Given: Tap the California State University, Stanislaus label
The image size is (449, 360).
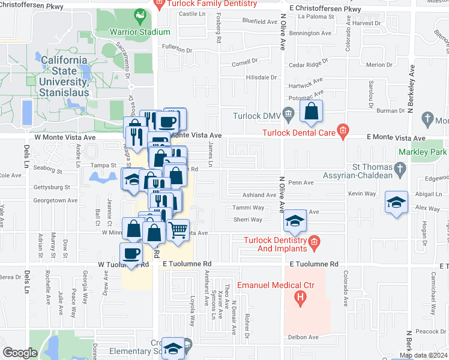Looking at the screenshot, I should click(x=64, y=76).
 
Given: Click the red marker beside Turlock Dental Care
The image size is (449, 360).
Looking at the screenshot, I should click(x=343, y=130).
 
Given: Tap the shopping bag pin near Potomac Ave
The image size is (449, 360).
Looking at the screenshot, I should click(x=312, y=111).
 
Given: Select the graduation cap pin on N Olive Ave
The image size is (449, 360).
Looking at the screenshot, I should click(x=295, y=221).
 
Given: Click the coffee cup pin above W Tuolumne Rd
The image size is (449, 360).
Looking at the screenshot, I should click(x=131, y=253).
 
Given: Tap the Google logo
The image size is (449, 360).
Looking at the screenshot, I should click(x=20, y=353).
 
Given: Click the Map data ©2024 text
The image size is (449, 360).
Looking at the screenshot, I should click(x=423, y=355).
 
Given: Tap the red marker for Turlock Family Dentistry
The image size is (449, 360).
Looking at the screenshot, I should click(x=160, y=4).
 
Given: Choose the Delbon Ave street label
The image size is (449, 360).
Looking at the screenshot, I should click(x=301, y=338).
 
